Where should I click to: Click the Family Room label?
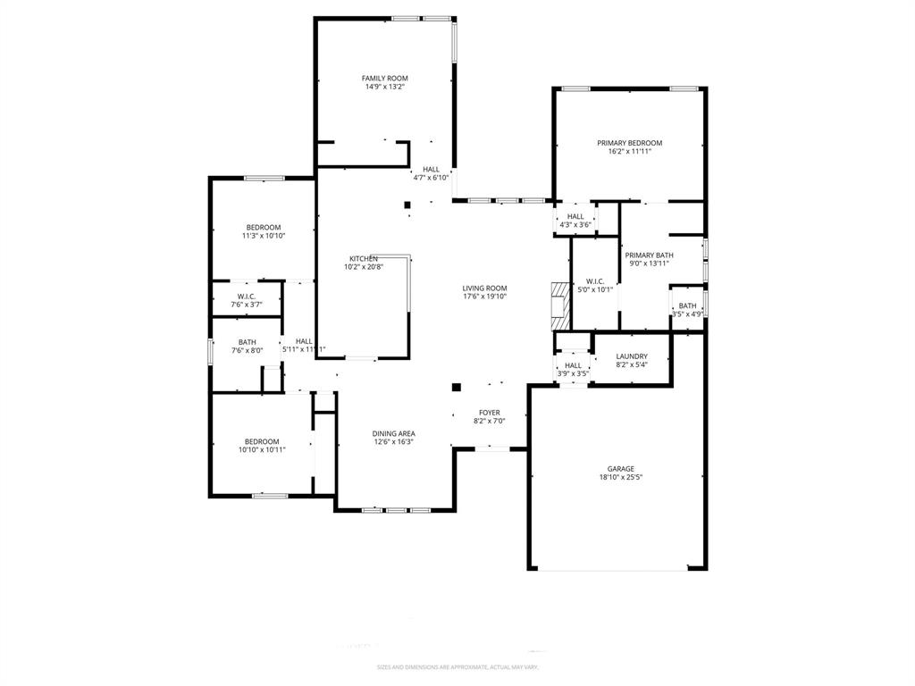(384, 79)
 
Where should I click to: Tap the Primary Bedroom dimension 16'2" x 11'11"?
(629, 152)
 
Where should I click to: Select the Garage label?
(620, 469)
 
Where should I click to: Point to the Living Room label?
(484, 289)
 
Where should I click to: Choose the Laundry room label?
(632, 356)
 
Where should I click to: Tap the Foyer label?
(489, 413)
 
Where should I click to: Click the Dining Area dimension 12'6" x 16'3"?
(393, 442)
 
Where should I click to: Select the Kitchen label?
(363, 258)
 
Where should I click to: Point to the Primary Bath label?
(649, 255)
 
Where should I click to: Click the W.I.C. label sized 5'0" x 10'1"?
(595, 281)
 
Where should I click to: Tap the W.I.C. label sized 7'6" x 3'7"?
(247, 297)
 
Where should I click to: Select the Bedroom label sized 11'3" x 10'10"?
(263, 228)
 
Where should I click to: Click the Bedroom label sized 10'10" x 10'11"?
(262, 441)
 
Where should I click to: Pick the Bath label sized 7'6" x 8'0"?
(247, 342)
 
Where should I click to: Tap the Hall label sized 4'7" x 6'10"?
(431, 169)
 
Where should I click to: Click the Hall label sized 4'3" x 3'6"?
(575, 216)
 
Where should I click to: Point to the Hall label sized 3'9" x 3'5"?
(573, 365)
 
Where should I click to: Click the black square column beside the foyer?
(456, 388)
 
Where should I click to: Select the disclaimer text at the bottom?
(457, 667)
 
